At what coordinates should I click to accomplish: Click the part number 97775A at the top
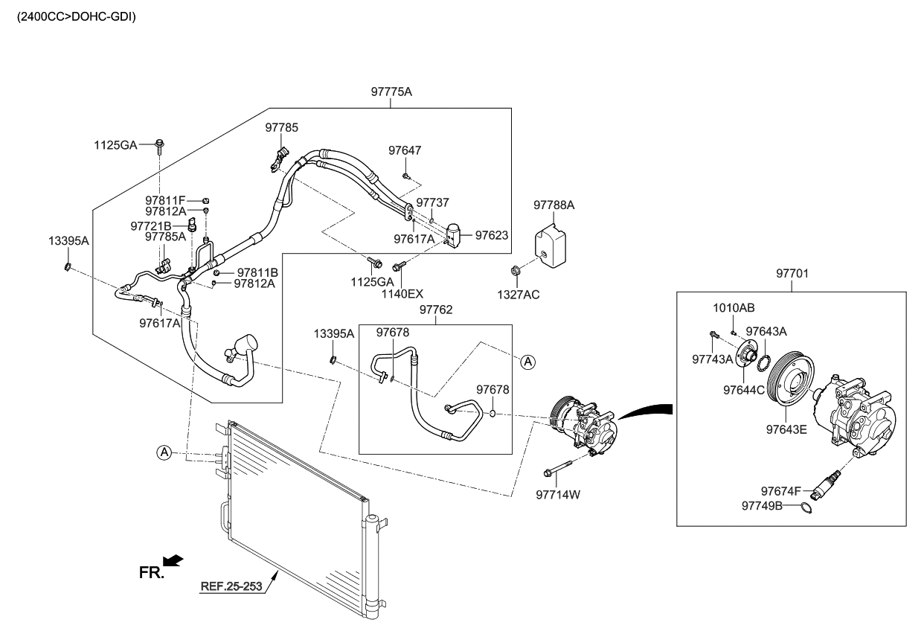[x=391, y=92]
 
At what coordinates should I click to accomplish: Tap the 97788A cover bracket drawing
[x=550, y=241]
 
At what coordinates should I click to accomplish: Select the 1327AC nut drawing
[x=515, y=269]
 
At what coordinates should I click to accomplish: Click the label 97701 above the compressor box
[x=792, y=274]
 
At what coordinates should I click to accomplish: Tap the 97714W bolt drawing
[x=559, y=470]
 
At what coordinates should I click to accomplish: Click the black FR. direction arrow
[x=173, y=560]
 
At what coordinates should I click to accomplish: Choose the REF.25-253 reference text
[x=231, y=586]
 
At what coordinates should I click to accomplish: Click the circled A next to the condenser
[x=164, y=452]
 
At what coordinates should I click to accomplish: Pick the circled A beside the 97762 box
[x=527, y=362]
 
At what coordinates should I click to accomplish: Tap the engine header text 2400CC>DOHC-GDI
[x=71, y=16]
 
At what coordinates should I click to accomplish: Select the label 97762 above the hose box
[x=436, y=309]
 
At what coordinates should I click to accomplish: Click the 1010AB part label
[x=734, y=307]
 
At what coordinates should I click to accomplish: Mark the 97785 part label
[x=281, y=128]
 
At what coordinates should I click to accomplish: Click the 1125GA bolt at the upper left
[x=160, y=144]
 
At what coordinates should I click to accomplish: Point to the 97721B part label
[x=150, y=225]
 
